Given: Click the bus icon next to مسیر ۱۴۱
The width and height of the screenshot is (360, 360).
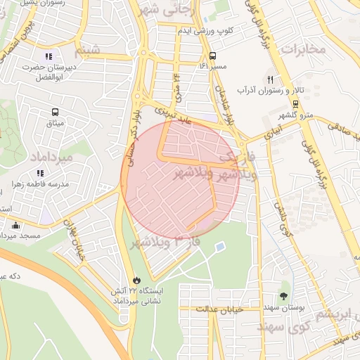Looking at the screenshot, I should click(212, 56).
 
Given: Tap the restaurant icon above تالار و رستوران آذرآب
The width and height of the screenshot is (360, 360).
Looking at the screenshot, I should click(271, 79).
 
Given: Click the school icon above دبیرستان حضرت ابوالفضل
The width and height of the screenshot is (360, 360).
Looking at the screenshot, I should click(48, 56).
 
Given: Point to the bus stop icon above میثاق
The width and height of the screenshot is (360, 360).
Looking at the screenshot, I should click(54, 112).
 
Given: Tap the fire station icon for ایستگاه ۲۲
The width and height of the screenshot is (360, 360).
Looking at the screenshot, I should click(136, 279).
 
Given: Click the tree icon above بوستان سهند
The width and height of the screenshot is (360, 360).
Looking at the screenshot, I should click(284, 296).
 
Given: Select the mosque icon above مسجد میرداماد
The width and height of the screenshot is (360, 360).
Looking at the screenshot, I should click(15, 225).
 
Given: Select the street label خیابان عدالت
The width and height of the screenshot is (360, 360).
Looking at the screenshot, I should click(219, 309).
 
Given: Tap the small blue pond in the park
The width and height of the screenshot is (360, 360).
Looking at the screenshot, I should click(220, 247).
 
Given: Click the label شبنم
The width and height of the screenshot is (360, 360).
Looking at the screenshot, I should click(97, 49).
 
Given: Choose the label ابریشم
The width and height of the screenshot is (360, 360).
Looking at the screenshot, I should click(330, 314).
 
